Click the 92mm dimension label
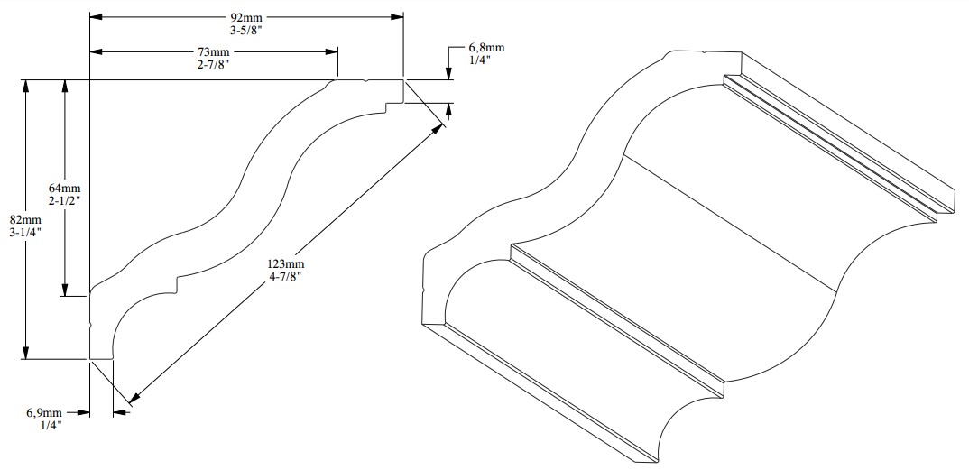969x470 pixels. [x=245, y=16]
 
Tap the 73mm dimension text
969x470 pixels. [x=215, y=51]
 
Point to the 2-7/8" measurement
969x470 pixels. [x=215, y=64]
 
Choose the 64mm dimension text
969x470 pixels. [x=64, y=187]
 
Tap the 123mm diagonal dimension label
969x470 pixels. [x=283, y=263]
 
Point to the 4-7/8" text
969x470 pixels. [x=283, y=276]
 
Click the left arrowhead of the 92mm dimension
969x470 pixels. [x=96, y=16]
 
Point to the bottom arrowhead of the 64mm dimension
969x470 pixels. [x=65, y=290]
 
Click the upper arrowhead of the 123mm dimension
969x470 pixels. [x=441, y=126]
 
